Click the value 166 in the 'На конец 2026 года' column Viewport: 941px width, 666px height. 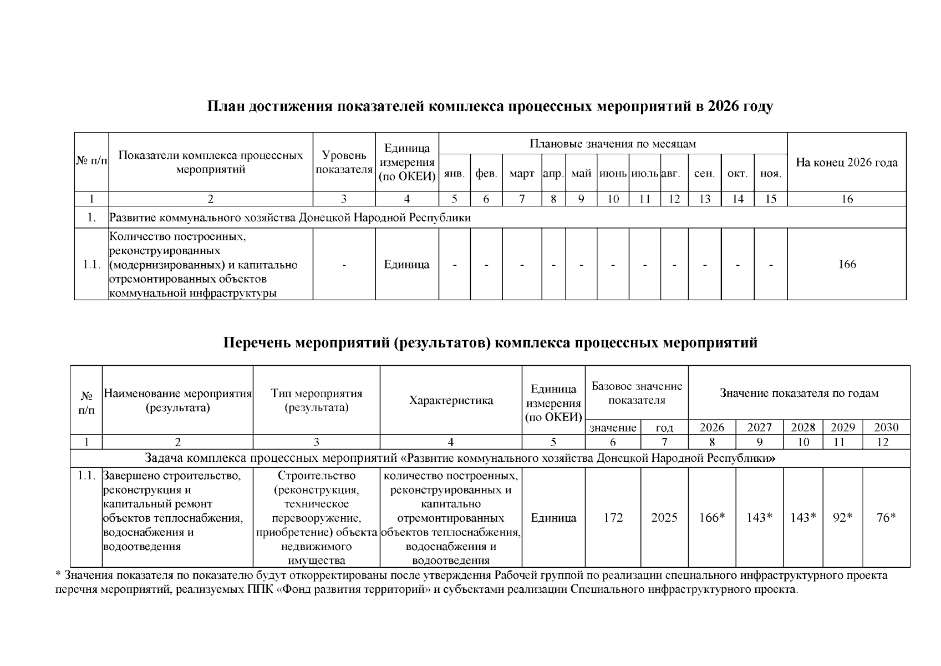847,265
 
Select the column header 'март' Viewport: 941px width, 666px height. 521,174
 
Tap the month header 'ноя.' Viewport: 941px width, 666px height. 770,174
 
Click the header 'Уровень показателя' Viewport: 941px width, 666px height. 344,162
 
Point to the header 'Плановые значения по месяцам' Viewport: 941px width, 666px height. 613,144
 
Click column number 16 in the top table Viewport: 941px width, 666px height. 847,199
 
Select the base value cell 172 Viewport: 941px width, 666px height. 613,518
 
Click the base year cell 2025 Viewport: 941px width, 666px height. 664,518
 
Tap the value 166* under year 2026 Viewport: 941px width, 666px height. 712,518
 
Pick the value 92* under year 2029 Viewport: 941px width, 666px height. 842,518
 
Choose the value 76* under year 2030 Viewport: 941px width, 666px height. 886,518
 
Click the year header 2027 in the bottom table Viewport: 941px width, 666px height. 759,427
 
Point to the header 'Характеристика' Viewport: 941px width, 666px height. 450,401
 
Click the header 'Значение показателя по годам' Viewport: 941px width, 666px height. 798,393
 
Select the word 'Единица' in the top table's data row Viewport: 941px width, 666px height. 406,265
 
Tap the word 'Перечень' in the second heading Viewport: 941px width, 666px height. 256,343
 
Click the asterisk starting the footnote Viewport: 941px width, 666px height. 58,574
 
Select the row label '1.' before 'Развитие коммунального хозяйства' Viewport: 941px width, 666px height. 91,218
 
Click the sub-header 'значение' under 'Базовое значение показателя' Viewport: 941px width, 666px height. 613,428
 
